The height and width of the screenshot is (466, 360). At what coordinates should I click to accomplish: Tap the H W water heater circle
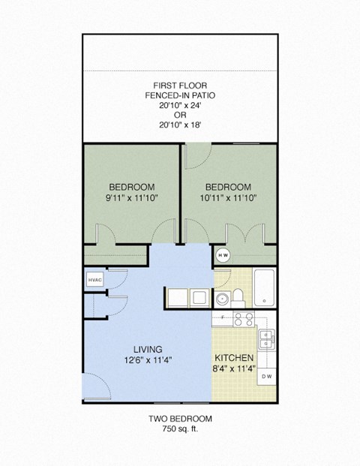(x=223, y=255)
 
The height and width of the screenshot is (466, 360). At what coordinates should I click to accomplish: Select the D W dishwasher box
(x=266, y=375)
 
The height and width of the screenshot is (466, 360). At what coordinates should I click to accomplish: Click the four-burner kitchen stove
(x=243, y=320)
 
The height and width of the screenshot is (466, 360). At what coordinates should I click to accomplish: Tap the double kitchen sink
(x=266, y=339)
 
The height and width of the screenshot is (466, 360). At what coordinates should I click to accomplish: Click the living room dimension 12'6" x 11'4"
(x=148, y=359)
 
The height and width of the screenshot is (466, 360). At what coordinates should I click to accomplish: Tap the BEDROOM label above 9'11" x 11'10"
(x=132, y=187)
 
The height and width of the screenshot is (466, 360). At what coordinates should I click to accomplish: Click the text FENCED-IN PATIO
(x=180, y=96)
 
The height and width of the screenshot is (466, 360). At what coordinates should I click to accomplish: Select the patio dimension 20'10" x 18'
(x=180, y=127)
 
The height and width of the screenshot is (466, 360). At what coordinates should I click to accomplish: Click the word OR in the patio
(x=180, y=116)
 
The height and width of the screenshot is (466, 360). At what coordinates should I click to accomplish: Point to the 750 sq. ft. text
(x=180, y=430)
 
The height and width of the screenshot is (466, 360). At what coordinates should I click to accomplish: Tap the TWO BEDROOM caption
(x=180, y=419)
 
